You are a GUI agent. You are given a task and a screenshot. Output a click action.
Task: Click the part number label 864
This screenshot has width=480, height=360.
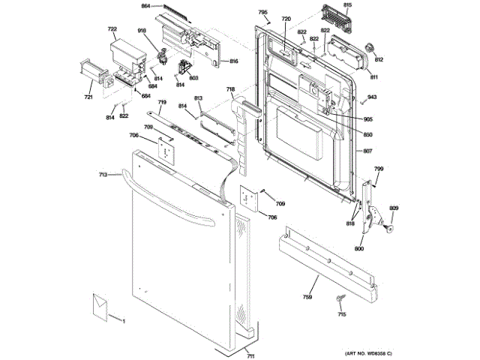tap(145, 6)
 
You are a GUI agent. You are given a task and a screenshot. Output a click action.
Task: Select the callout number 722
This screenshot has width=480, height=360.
tap(112, 30)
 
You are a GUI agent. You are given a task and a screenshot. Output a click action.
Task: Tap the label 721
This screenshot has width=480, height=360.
tap(88, 97)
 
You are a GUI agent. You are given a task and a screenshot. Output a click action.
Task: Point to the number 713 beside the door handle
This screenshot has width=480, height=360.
tap(103, 174)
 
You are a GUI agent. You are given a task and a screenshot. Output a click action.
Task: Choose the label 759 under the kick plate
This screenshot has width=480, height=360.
tap(307, 297)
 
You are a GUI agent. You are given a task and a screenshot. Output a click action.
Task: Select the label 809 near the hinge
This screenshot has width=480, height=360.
tap(394, 208)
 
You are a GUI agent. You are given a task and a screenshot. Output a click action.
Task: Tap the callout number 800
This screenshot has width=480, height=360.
tap(359, 247)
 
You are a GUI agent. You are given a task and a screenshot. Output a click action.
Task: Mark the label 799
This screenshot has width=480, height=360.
tap(379, 169)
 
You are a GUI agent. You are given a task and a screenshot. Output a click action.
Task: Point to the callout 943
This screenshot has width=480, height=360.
tap(372, 97)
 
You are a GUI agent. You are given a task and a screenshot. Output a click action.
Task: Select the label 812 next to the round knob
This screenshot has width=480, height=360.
tap(379, 59)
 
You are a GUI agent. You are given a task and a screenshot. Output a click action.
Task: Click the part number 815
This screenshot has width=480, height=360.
tap(368, 5)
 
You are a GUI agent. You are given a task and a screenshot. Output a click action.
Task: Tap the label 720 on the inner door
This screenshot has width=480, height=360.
tap(286, 18)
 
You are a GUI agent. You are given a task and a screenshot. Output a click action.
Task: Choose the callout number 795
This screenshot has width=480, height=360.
tap(262, 13)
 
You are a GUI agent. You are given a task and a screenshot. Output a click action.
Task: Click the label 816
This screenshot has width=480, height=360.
tap(234, 61)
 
